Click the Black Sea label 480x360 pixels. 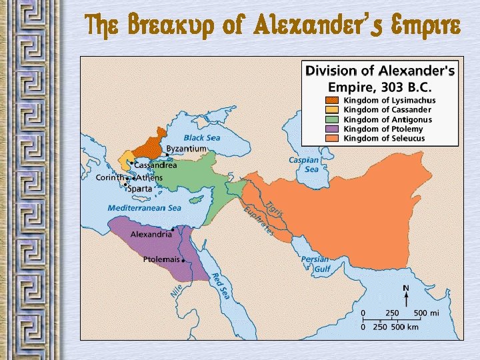click(202, 138)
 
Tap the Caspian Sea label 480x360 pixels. click(303, 165)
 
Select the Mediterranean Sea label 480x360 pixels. click(145, 208)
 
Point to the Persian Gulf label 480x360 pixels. click(315, 264)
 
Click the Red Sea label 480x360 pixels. click(221, 285)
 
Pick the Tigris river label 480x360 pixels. click(275, 208)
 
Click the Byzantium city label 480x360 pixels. click(186, 148)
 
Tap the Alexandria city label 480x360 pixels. click(151, 235)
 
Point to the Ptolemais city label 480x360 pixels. click(161, 259)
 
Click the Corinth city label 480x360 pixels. click(109, 178)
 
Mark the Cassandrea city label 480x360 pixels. click(155, 165)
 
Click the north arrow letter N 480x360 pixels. click(405, 288)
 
